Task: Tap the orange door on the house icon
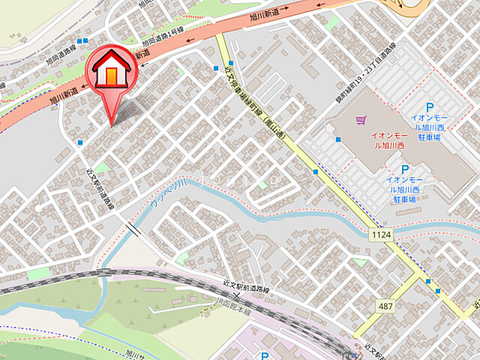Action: click(112, 76)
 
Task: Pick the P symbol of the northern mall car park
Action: click(430, 108)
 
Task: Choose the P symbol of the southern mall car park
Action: click(405, 169)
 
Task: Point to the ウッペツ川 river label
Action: click(168, 193)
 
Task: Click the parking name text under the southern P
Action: click(405, 190)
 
